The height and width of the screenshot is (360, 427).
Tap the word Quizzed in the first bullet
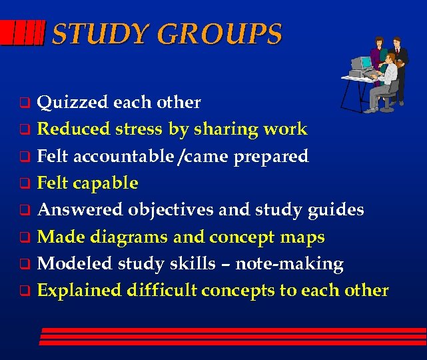pyautogui.click(x=73, y=103)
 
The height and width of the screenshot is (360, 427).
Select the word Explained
pyautogui.click(x=79, y=290)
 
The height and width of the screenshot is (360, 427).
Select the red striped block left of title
pyautogui.click(x=23, y=32)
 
